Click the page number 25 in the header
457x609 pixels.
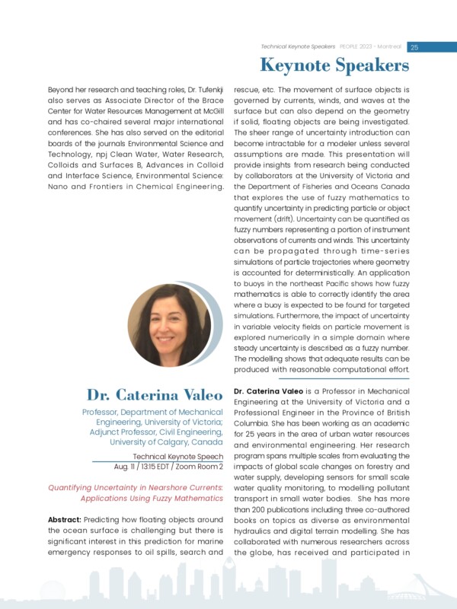(x=414, y=47)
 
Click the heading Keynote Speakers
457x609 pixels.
(x=334, y=67)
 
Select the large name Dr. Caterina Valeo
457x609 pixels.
(x=154, y=395)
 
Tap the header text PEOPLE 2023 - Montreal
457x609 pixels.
(x=369, y=47)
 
